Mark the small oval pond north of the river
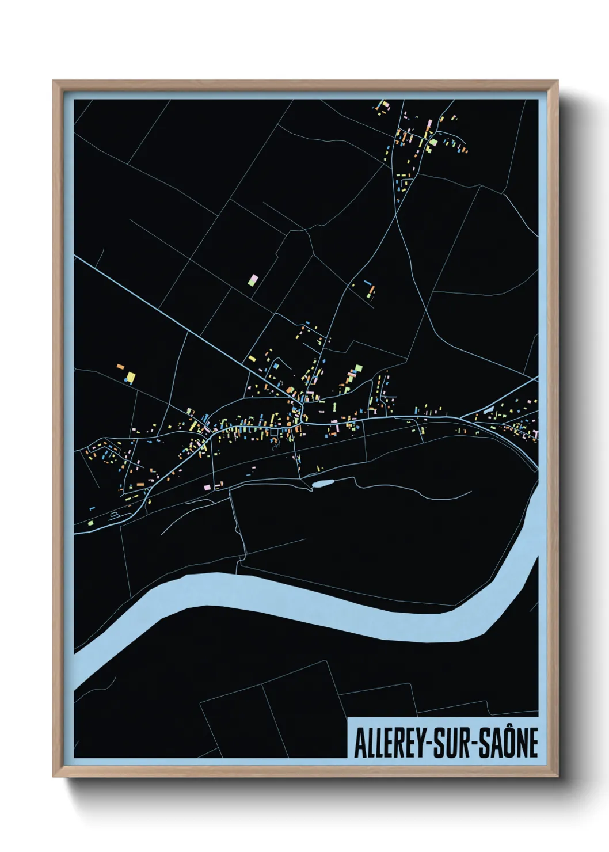tap(323, 484)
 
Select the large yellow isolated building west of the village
tap(131, 378)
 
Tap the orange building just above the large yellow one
tap(121, 366)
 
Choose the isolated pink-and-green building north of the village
tap(253, 280)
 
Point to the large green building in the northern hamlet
tap(433, 142)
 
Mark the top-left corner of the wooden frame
tap(54, 82)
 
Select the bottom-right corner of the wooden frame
tap(557, 776)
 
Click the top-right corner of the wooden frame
tap(557, 82)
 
